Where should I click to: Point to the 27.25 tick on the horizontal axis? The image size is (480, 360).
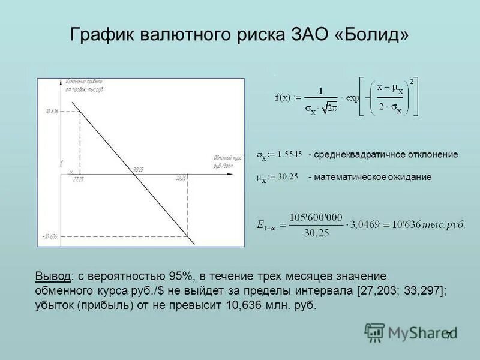tap(77, 179)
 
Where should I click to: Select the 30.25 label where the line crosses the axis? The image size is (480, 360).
tap(139, 170)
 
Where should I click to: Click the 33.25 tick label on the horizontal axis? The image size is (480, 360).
tap(181, 179)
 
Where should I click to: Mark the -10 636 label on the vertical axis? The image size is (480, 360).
tap(50, 236)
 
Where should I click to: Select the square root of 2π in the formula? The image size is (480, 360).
tap(329, 109)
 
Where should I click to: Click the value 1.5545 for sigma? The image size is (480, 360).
tap(289, 154)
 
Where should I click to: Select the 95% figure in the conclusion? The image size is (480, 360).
tap(181, 276)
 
